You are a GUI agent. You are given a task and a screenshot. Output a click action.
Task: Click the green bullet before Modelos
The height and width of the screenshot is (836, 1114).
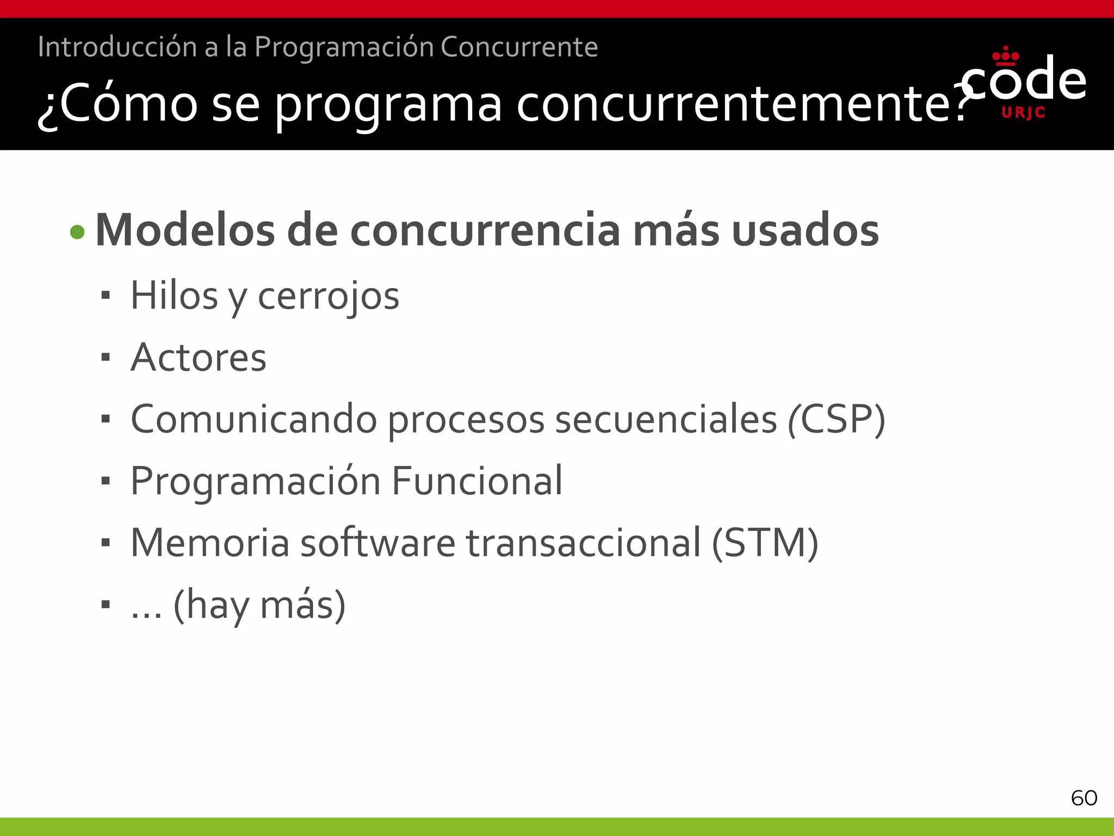[78, 232]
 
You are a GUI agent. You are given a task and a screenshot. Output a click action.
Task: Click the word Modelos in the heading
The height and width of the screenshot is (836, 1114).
[184, 231]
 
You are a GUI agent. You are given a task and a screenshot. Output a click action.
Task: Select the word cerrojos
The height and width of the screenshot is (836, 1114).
[328, 297]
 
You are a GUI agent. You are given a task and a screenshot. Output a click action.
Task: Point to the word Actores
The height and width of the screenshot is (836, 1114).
[199, 358]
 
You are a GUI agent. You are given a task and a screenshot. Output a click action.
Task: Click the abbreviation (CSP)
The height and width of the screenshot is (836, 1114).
[837, 420]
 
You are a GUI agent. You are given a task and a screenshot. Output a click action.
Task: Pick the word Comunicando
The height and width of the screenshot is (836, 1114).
[254, 420]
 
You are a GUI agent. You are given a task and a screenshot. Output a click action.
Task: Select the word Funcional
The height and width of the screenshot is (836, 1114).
[477, 481]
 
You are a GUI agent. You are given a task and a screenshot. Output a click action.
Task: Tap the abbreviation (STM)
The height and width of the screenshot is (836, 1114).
[765, 543]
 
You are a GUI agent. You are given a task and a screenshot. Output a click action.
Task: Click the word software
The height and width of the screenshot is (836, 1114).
[377, 543]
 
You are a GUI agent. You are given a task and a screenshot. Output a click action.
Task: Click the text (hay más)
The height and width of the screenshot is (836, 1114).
[259, 605]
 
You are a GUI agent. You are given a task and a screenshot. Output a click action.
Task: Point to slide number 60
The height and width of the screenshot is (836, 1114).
[1084, 798]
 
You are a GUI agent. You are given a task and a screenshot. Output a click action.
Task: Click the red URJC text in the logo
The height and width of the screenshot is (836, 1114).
[1023, 113]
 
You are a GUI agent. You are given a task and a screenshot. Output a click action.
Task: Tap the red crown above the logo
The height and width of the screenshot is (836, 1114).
[1006, 57]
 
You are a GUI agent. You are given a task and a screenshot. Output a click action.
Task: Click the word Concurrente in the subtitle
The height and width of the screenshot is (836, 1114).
[519, 47]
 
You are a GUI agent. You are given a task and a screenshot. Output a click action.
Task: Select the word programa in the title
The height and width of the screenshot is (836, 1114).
[388, 104]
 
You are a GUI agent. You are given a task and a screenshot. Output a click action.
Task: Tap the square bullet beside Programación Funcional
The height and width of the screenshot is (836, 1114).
[106, 481]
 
